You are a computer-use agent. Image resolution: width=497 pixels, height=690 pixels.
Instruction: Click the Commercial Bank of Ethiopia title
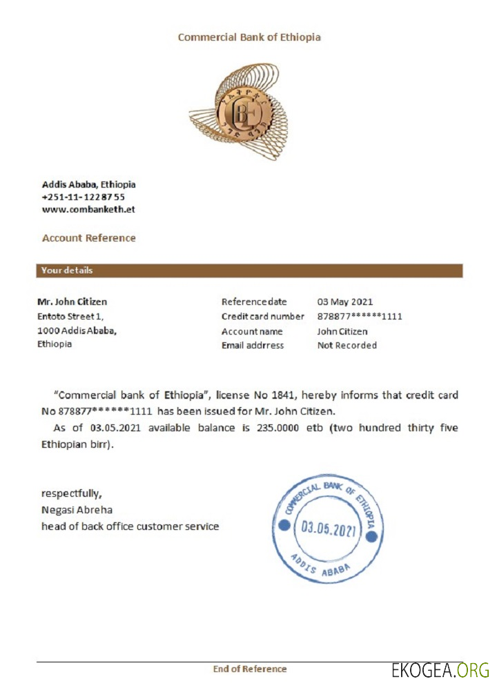pos(249,37)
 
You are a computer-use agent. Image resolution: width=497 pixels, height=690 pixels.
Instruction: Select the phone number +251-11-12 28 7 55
pos(84,197)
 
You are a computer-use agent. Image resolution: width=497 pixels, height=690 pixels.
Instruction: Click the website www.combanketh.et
pos(88,209)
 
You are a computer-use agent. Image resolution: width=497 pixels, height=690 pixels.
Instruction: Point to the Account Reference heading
pos(89,238)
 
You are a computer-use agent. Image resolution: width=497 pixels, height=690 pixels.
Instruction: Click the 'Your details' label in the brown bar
pos(67,270)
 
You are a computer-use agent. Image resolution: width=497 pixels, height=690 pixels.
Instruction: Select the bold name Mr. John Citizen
pos(72,302)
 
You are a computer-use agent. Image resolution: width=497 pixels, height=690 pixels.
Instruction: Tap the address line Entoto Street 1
pos(70,316)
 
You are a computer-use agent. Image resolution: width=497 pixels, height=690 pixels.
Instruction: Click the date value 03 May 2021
pos(345,302)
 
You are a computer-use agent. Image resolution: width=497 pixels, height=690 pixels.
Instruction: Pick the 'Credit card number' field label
pos(262,316)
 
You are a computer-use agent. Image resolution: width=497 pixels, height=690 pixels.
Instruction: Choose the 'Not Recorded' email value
pos(347,345)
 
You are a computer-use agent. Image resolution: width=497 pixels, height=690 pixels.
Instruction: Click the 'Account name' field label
pos(252,331)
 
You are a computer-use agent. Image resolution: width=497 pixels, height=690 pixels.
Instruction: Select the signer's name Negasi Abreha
pos(77,510)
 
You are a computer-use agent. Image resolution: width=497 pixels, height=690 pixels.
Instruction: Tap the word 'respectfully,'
pos(72,493)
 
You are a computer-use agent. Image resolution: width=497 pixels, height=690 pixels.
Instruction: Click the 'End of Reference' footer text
pos(249,669)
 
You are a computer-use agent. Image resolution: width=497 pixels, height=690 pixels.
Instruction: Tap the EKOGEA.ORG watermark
pos(440,670)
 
